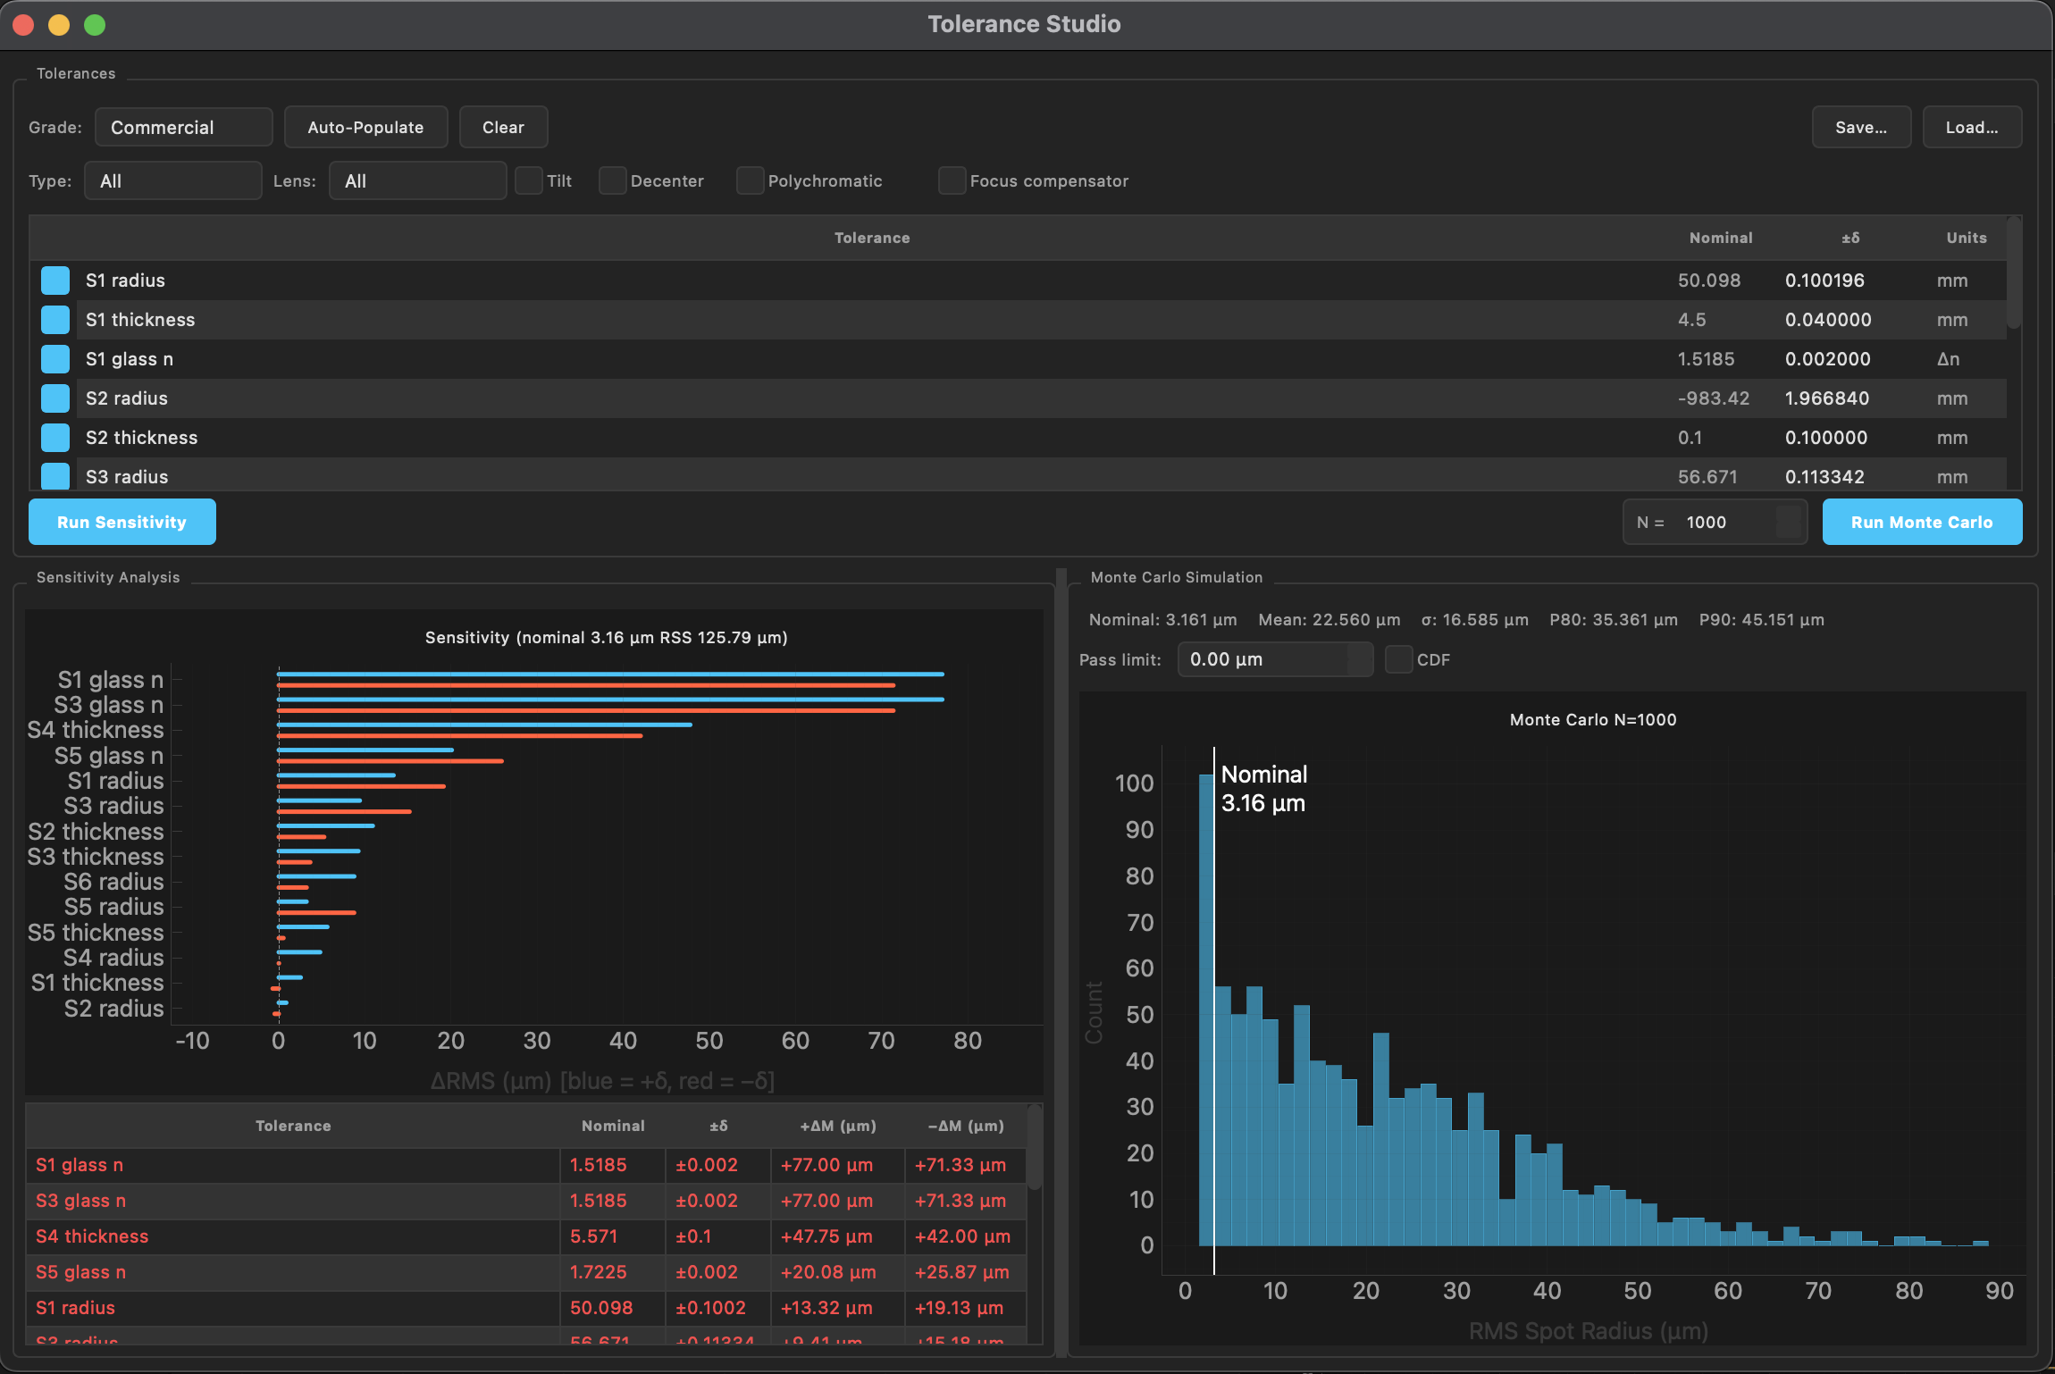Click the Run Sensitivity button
pyautogui.click(x=122, y=522)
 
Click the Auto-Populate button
pyautogui.click(x=365, y=127)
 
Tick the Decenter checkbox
pyautogui.click(x=612, y=180)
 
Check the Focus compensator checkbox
pyautogui.click(x=952, y=180)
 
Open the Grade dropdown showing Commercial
pyautogui.click(x=183, y=127)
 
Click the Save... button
pyautogui.click(x=1860, y=127)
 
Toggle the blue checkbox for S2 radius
pyautogui.click(x=55, y=398)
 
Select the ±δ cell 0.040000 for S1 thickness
pyautogui.click(x=1827, y=320)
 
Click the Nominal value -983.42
pyautogui.click(x=1713, y=398)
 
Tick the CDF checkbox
pyautogui.click(x=1398, y=659)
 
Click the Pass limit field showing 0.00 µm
pyautogui.click(x=1264, y=659)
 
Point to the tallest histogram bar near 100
pyautogui.click(x=1205, y=1010)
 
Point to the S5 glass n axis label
pyautogui.click(x=108, y=756)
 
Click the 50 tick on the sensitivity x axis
pyautogui.click(x=709, y=1041)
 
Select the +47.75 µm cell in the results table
pyautogui.click(x=826, y=1236)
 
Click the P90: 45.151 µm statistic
pyautogui.click(x=1761, y=619)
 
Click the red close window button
pyautogui.click(x=24, y=25)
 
